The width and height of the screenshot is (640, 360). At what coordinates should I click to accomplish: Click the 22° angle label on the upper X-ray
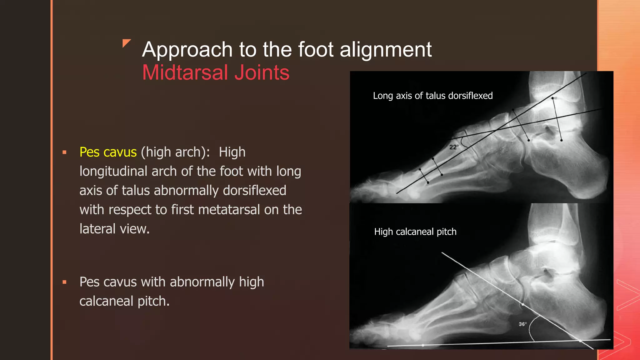click(x=453, y=147)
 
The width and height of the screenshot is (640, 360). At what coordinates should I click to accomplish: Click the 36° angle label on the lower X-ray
click(x=522, y=324)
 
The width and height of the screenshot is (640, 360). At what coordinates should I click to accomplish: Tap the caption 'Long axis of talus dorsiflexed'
click(x=432, y=96)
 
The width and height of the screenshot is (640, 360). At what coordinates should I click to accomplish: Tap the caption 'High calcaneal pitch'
click(x=415, y=232)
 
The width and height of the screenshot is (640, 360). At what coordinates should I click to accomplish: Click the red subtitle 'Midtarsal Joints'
click(x=216, y=72)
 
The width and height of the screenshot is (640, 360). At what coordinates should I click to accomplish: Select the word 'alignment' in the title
click(x=385, y=49)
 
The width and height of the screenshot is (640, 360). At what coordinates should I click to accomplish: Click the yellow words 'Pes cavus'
click(x=108, y=152)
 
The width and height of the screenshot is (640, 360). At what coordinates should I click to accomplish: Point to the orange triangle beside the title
click(x=126, y=43)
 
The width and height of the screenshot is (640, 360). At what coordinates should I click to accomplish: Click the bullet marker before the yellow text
click(x=64, y=152)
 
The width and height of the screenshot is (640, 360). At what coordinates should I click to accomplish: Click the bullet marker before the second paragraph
click(x=64, y=282)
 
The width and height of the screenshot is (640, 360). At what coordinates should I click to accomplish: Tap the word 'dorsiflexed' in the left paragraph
click(x=254, y=191)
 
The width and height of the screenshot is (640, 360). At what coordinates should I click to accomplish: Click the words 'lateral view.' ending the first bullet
click(x=114, y=229)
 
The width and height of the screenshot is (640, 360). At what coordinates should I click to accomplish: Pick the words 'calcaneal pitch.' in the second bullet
click(x=124, y=301)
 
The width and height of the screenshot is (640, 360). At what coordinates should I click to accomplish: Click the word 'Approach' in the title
click(x=187, y=50)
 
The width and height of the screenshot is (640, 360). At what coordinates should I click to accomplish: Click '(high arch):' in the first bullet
click(x=175, y=152)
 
